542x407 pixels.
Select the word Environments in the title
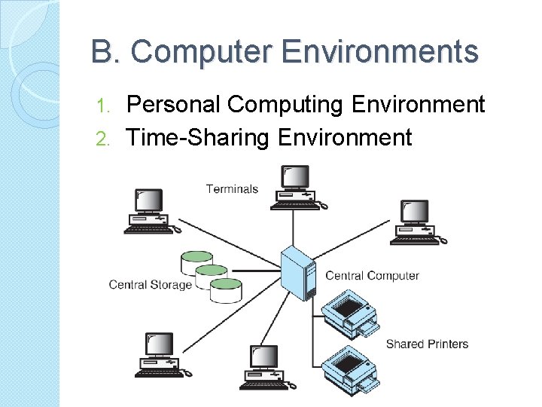coord(380,53)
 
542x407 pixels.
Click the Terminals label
coord(232,188)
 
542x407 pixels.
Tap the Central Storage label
coord(150,284)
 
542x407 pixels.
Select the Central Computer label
coord(372,276)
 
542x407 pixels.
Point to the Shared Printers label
coord(427,344)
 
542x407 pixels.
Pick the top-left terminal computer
coord(150,210)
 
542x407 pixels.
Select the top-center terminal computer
coord(295,188)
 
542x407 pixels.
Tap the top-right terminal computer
coord(415,222)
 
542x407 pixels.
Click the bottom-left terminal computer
coord(159,355)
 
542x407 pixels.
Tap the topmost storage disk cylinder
coord(197,262)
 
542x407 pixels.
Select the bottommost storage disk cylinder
coord(225,289)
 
